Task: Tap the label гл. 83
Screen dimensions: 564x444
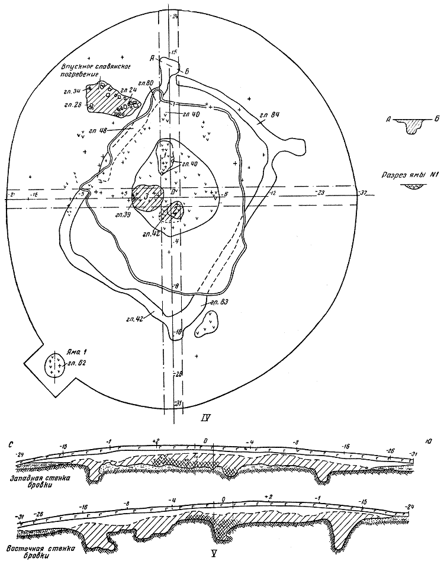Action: click(x=213, y=302)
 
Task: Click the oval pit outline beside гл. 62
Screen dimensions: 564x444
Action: click(x=54, y=363)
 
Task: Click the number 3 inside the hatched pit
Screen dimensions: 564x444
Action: click(x=145, y=196)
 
